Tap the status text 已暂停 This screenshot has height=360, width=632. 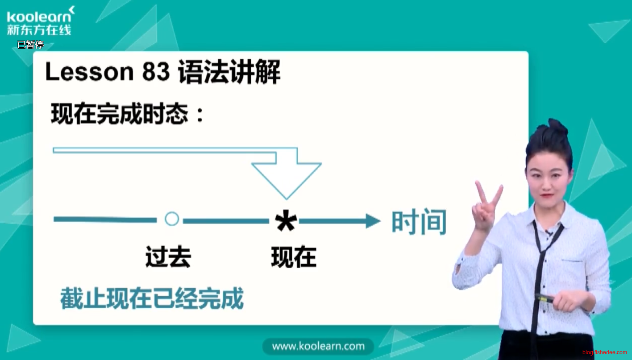click(30, 45)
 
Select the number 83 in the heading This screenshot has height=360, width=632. click(155, 72)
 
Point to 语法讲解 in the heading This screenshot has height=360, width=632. click(229, 72)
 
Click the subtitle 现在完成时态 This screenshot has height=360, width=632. click(119, 114)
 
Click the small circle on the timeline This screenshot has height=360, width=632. click(172, 219)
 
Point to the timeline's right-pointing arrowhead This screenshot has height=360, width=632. click(372, 221)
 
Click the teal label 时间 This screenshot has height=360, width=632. click(419, 222)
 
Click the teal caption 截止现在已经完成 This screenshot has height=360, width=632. click(152, 299)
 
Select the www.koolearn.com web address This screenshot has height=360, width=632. click(318, 346)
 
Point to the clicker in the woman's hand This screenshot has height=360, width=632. click(545, 298)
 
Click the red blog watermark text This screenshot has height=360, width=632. click(604, 353)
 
